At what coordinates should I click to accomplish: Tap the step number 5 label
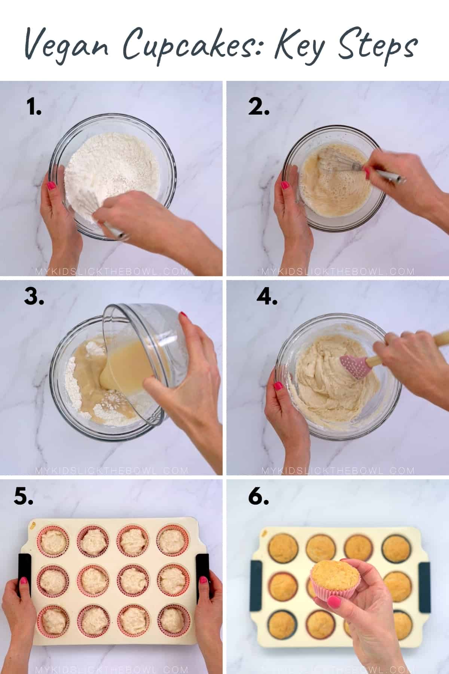23,497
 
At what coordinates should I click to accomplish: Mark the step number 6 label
258,497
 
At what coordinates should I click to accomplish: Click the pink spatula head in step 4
353,367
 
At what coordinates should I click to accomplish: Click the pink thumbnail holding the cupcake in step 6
334,602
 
